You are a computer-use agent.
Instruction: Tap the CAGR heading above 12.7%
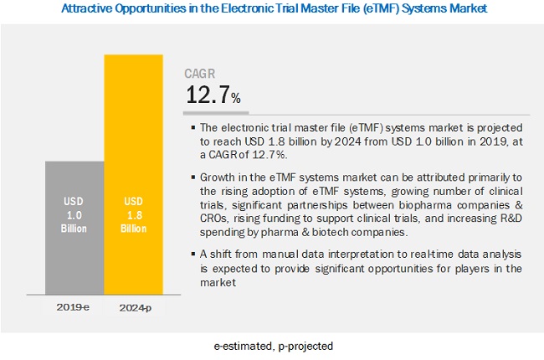[202, 74]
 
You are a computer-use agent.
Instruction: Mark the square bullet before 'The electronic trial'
[192, 128]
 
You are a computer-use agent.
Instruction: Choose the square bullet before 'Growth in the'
[192, 177]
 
